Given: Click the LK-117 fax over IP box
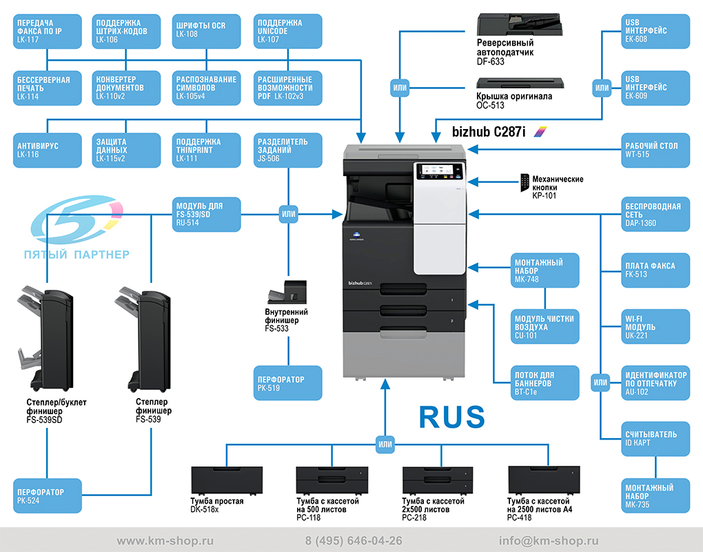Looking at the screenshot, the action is pos(48,31).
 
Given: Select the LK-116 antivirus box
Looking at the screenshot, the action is pos(48,150).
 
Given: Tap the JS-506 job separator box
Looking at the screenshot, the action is pos(288,150).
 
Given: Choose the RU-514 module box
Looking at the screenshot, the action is pos(207,215).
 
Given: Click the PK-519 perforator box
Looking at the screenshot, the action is pos(288,383).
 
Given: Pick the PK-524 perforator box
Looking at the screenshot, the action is pos(48,495).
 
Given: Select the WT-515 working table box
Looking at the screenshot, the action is pos(655,150).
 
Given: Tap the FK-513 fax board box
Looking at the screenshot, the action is pos(655,270).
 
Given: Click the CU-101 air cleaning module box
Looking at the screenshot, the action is pos(544,326).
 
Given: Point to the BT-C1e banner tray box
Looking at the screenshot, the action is pos(544,383).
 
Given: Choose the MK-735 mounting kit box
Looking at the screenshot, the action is pos(655,495).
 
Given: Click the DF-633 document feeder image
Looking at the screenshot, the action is pos(520,24).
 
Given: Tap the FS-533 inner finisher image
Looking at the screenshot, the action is pos(287,292).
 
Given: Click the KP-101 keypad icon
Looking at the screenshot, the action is pos(524,183).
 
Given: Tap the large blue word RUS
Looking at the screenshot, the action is pos(452,417).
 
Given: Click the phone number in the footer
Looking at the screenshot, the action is pos(354,541).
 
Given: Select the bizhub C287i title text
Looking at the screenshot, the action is pos(489,132).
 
